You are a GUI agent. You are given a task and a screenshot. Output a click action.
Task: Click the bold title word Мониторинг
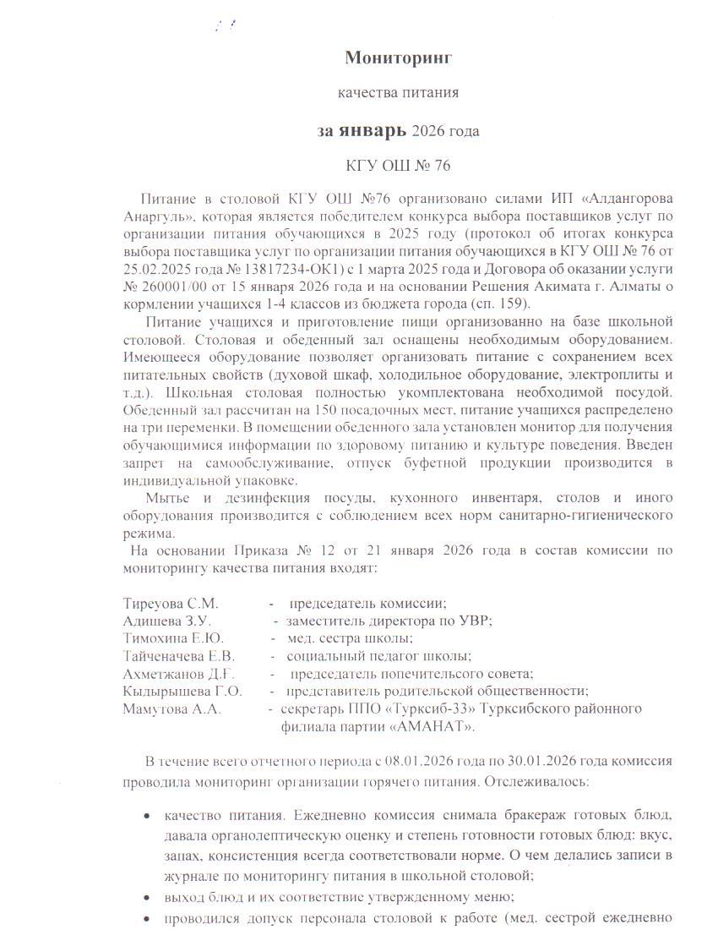click(x=399, y=57)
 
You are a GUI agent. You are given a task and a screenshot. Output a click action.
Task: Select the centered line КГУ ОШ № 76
click(x=399, y=166)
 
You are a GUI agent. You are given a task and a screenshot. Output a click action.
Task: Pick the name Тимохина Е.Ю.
click(x=175, y=637)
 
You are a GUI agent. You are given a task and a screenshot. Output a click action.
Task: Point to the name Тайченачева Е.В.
click(x=178, y=655)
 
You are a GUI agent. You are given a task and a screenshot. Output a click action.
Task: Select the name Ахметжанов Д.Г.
click(x=177, y=674)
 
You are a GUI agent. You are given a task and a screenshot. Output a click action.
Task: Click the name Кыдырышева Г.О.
click(x=182, y=691)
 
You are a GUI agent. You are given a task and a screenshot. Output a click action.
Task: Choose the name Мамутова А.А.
click(x=172, y=708)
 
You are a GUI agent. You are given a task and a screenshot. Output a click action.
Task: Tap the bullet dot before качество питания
click(x=147, y=816)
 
